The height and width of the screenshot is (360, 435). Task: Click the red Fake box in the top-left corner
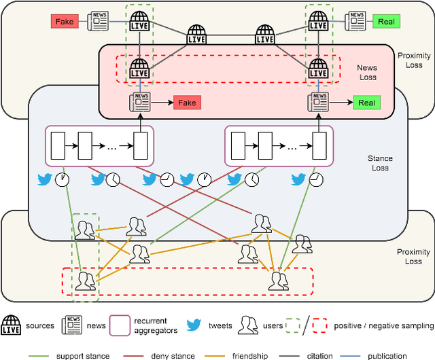(x=65, y=22)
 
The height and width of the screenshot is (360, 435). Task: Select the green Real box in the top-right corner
(x=386, y=22)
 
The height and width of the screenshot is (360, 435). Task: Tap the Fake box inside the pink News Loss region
(x=187, y=103)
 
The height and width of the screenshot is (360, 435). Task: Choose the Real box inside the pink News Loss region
(x=366, y=103)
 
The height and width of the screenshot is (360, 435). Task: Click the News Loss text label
(x=367, y=72)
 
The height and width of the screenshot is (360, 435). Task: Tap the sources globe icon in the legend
(x=12, y=325)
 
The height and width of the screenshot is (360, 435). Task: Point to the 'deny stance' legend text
(x=171, y=355)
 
